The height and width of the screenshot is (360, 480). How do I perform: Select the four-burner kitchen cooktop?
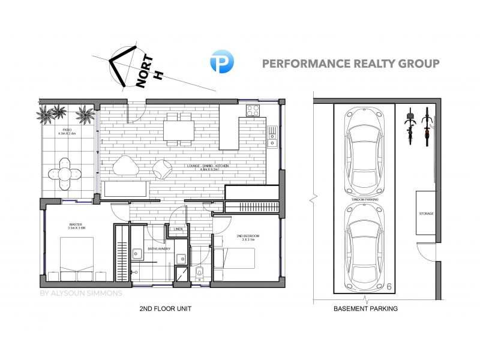[252, 112]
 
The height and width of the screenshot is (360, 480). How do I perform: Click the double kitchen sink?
[272, 137]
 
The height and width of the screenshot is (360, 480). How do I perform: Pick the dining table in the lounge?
[179, 128]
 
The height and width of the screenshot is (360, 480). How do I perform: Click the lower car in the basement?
[364, 246]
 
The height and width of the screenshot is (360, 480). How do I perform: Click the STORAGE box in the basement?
[427, 214]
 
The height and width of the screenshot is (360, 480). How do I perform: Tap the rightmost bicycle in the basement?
[428, 127]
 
